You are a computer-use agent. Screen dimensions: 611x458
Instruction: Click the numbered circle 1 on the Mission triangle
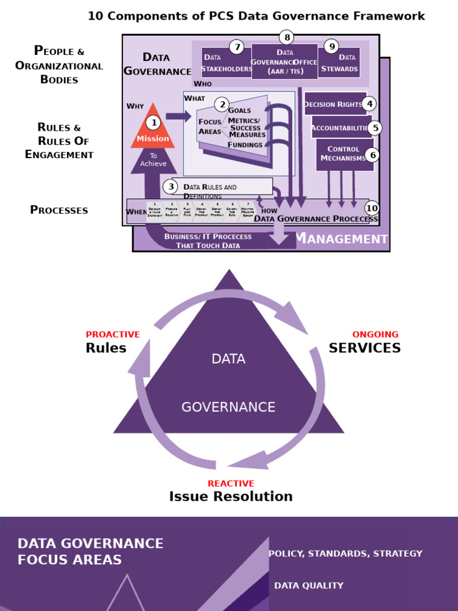point(153,123)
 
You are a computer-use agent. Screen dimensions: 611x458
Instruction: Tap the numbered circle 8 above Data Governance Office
point(287,38)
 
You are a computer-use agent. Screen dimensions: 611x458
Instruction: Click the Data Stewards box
point(339,63)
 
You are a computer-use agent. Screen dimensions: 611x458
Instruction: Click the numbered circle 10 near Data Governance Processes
point(372,208)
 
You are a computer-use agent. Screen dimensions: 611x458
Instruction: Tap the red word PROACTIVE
point(113,335)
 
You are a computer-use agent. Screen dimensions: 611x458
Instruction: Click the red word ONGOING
point(375,335)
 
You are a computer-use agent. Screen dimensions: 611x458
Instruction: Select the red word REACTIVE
point(231,483)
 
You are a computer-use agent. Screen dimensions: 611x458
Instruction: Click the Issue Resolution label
point(231,496)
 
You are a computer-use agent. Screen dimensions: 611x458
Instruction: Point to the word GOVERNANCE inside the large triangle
point(228,408)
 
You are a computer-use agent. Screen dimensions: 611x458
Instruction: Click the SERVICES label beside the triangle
point(364,348)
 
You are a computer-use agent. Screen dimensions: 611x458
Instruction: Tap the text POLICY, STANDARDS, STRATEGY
point(345,554)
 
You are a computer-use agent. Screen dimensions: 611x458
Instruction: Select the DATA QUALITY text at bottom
point(308,586)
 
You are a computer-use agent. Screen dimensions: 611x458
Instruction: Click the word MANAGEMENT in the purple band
point(342,239)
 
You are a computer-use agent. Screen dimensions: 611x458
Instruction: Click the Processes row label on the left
point(59,210)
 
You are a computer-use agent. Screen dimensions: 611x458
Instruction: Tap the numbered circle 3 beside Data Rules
point(172,187)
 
